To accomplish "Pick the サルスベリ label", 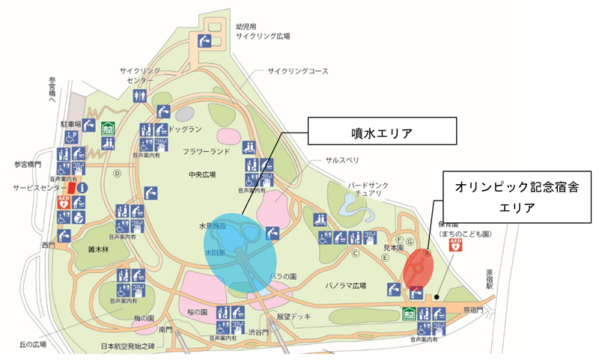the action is point(341,161).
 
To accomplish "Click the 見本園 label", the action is point(394,246).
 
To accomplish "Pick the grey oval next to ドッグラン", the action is point(185,114).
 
